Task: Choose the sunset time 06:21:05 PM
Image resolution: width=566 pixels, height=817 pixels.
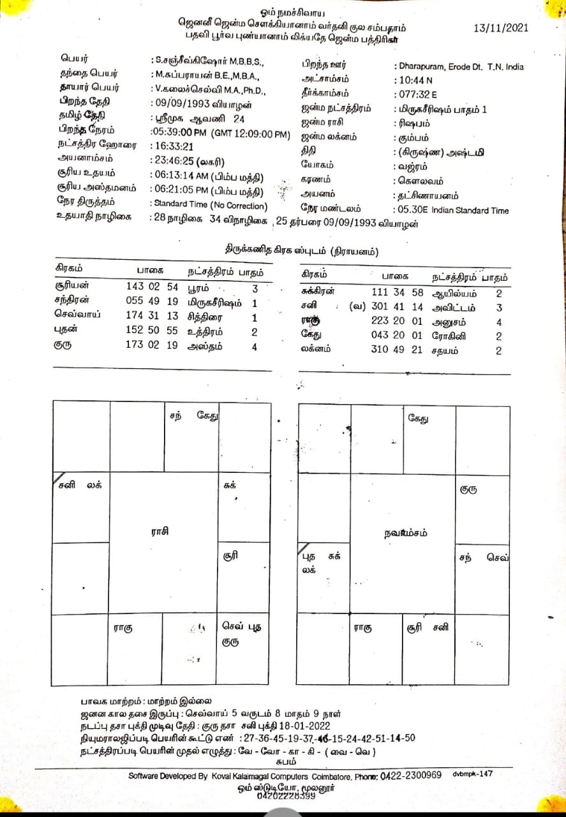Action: [181, 191]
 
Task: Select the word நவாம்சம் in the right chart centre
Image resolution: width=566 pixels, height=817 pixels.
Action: [406, 533]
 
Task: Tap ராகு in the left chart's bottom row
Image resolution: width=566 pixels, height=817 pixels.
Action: [124, 627]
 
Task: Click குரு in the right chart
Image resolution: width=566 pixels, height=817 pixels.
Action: [469, 490]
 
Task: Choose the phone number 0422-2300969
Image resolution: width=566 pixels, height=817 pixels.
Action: [410, 776]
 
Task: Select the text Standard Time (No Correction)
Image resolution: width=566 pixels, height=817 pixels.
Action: [208, 205]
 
